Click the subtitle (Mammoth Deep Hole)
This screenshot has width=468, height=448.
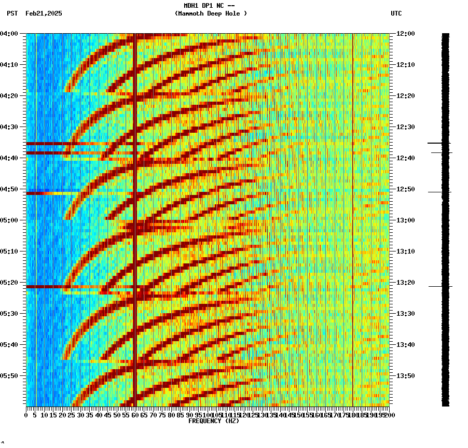point(211,13)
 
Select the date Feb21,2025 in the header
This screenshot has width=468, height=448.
point(44,13)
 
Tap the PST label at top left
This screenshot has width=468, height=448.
point(12,13)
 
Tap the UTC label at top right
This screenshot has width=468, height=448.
point(396,13)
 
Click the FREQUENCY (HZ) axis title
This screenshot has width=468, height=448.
point(213,421)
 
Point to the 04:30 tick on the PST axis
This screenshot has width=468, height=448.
point(9,127)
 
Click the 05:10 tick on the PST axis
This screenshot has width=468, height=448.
point(9,251)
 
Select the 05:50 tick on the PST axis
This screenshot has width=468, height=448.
point(9,375)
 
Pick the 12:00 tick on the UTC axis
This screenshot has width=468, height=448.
point(406,34)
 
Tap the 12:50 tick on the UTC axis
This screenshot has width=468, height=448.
point(406,189)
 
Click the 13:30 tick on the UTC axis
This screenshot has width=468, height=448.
point(406,314)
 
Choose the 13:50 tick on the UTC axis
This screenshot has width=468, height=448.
point(406,375)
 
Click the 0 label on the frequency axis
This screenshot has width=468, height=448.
point(26,415)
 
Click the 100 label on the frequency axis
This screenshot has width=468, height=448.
point(208,415)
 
